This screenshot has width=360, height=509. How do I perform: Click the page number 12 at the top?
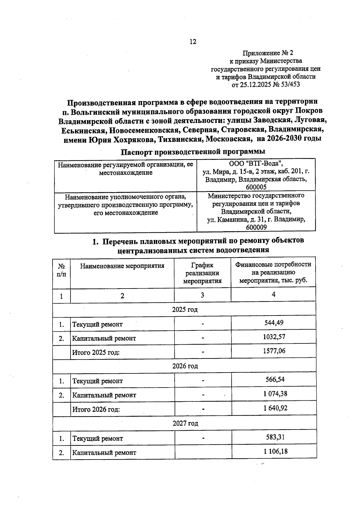tap(193, 42)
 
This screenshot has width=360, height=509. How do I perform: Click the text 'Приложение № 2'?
tap(268, 53)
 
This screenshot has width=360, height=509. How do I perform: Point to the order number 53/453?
tap(289, 85)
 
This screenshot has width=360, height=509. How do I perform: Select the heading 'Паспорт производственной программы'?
tap(193, 151)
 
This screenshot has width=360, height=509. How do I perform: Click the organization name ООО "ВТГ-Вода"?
tap(256, 163)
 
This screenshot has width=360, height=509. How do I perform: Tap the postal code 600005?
tap(256, 187)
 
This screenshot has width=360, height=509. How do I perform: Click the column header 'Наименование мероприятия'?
tap(122, 266)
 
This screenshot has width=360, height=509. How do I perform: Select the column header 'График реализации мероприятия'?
tap(202, 273)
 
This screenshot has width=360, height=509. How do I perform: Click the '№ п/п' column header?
tap(61, 270)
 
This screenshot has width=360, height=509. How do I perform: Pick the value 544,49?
tap(274, 322)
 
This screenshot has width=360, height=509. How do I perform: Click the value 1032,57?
tap(274, 337)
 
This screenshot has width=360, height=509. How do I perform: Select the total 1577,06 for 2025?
tap(274, 351)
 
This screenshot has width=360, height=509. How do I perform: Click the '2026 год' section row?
tap(185, 366)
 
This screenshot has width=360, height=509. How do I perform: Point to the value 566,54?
tap(274, 379)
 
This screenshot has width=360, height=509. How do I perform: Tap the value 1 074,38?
tap(275, 394)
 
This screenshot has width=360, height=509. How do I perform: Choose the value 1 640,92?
tap(275, 408)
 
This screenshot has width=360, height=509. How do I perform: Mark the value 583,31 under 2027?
tap(275, 437)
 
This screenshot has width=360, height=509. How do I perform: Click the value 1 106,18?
tap(275, 451)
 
